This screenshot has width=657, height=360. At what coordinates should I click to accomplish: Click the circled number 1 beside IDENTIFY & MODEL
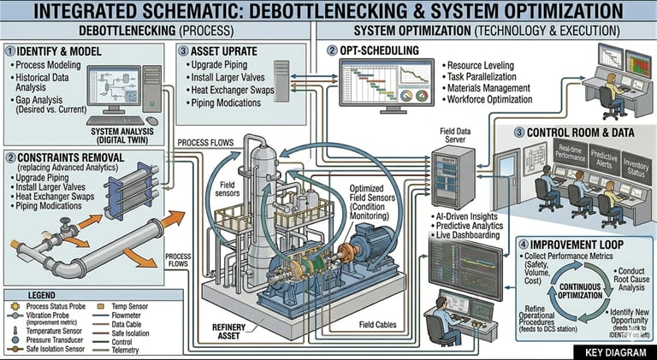point(10,50)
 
